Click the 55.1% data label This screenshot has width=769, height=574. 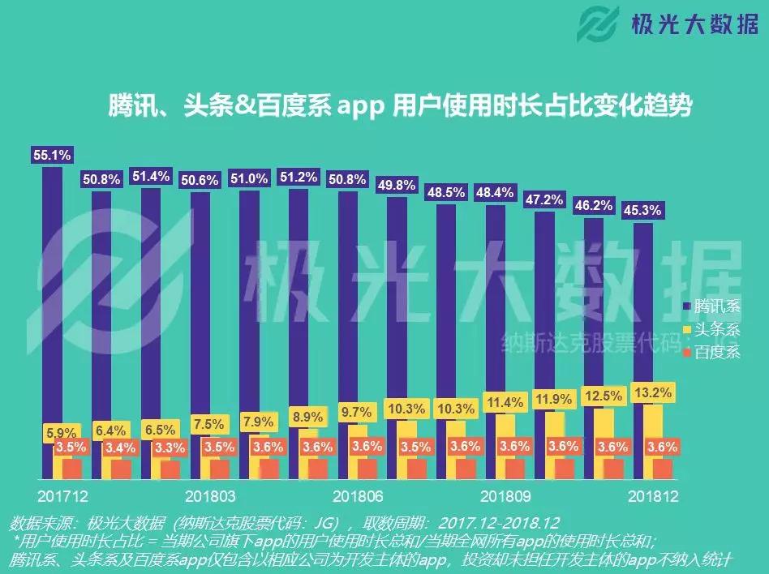click(x=51, y=153)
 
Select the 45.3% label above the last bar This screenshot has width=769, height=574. click(x=640, y=210)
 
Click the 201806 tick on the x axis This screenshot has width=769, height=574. click(x=358, y=495)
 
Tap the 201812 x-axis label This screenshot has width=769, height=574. click(x=653, y=495)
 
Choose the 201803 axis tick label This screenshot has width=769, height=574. click(x=210, y=495)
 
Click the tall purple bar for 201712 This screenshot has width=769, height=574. click(x=52, y=324)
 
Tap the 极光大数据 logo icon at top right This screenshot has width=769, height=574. click(x=599, y=28)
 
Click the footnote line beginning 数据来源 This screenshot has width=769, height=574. click(x=284, y=523)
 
